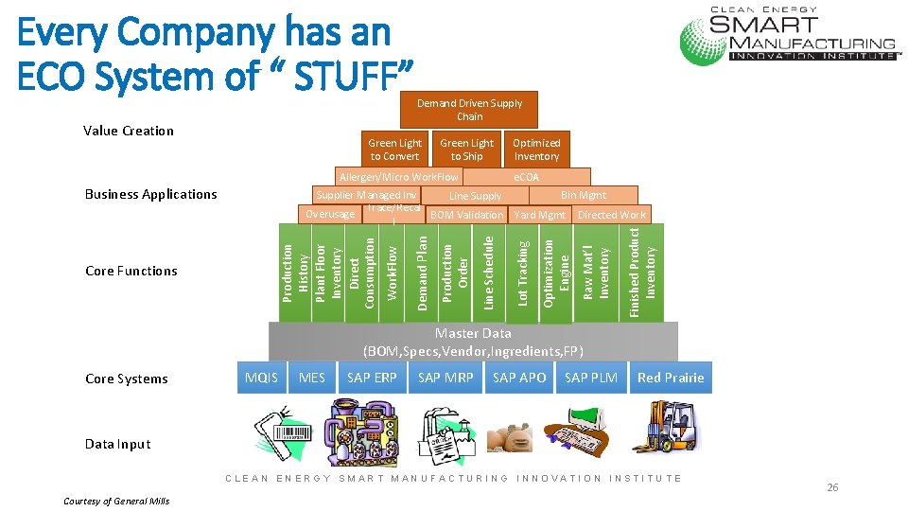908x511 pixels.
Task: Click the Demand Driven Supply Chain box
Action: coord(469,110)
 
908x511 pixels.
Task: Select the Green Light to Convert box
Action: coord(394,150)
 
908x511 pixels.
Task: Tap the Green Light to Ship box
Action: coord(466,150)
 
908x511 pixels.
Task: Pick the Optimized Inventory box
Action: coord(536,150)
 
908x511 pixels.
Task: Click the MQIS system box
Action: coord(261,378)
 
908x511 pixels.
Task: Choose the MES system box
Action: coord(311,378)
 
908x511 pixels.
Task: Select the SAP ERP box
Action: coord(372,378)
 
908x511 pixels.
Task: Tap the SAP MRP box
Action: coord(445,378)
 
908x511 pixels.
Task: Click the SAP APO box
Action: coord(519,378)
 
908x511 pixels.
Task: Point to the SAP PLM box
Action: coord(590,378)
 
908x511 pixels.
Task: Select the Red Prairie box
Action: coord(671,378)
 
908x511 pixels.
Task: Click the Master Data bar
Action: coord(473,342)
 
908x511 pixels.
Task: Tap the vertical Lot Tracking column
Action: coord(523,272)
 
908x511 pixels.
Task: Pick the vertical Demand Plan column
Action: coord(423,272)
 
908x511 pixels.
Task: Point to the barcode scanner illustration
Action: coord(283,431)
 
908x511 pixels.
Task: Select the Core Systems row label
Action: coord(126,379)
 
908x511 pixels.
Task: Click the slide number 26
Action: coord(832,487)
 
